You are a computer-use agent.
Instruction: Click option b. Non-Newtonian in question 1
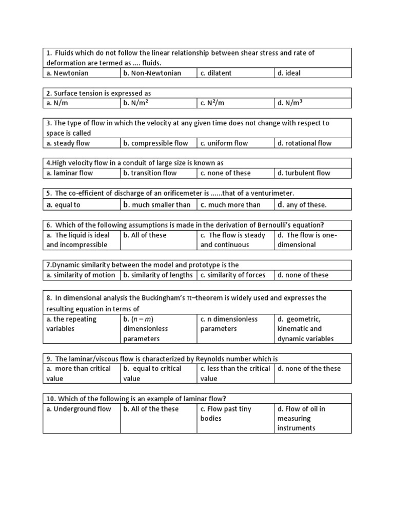click(152, 73)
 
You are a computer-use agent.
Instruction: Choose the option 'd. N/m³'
click(290, 103)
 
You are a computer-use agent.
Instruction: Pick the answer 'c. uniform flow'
click(224, 143)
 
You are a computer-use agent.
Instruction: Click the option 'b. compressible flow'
click(155, 143)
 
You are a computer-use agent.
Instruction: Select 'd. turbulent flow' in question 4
click(304, 173)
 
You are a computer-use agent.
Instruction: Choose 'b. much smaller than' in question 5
click(156, 204)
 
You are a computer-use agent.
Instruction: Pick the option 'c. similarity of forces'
click(233, 275)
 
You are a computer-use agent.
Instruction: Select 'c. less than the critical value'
click(235, 373)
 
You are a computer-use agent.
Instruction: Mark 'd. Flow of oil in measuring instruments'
click(302, 419)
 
